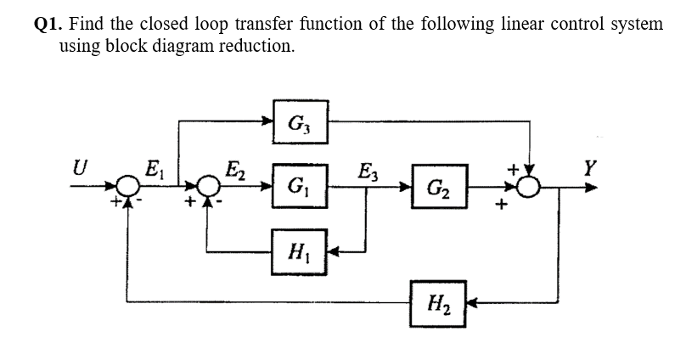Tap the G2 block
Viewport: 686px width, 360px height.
pos(439,187)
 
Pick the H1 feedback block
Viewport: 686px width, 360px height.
pos(300,250)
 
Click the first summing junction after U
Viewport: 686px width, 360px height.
pos(128,185)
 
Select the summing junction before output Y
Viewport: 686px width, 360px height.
pos(530,187)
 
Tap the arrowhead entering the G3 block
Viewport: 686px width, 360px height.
pos(268,121)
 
